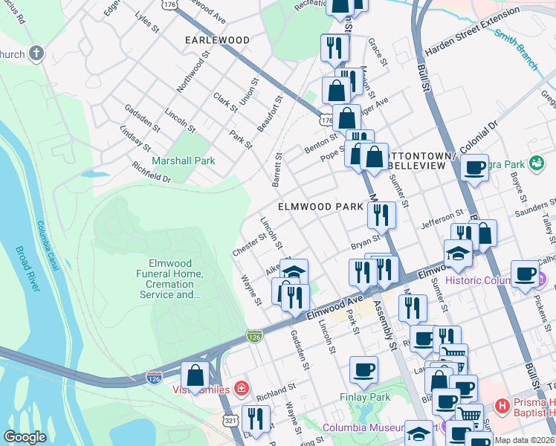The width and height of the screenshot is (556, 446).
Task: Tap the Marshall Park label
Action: [x=183, y=161]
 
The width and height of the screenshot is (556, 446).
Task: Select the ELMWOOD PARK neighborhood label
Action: [x=320, y=206]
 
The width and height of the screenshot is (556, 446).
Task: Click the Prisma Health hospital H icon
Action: [x=502, y=407]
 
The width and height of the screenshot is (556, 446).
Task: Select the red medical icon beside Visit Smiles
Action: [x=240, y=388]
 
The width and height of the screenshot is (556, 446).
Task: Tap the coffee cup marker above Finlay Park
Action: [x=363, y=369]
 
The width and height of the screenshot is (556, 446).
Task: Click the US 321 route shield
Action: [x=230, y=421]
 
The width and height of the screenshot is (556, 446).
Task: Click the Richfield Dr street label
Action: [x=152, y=173]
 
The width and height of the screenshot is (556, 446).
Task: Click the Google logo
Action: [x=25, y=437]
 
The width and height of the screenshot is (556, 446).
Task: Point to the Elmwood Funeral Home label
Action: [x=170, y=279]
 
